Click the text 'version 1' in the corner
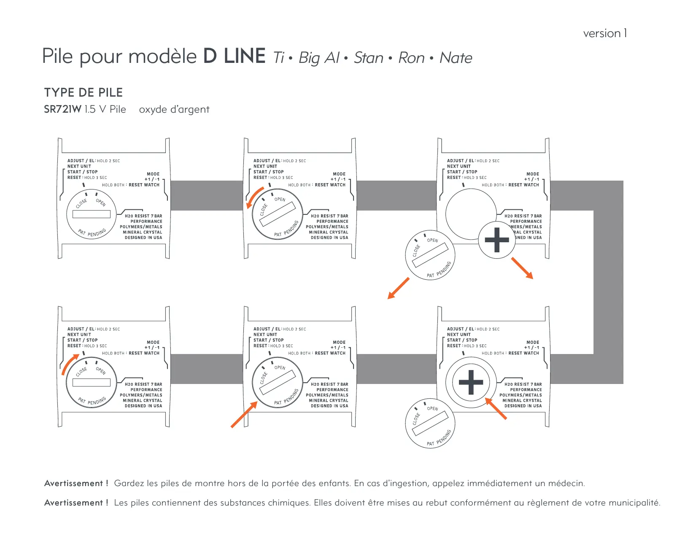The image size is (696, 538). point(605,33)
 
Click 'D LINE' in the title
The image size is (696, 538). point(234,56)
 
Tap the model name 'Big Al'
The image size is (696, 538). point(319,58)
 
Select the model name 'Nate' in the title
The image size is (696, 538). point(456,58)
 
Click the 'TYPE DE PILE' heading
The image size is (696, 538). point(84,92)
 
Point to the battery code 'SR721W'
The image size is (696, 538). point(62,109)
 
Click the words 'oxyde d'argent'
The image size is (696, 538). point(174,110)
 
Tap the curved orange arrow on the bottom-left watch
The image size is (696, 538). point(70,364)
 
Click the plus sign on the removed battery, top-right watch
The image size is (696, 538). point(497,240)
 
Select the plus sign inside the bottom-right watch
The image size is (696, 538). point(471,382)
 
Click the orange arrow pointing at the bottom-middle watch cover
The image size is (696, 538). point(244,415)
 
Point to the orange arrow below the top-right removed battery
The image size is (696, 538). point(522,268)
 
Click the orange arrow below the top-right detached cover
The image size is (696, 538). point(398,289)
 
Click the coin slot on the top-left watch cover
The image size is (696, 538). point(92,214)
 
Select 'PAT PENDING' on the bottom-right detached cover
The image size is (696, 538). point(439,438)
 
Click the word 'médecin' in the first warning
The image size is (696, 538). point(566,484)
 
